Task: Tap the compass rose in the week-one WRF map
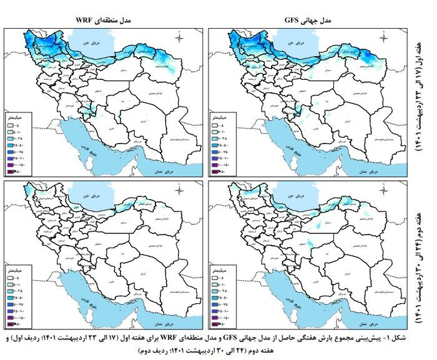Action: click(179, 39)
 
